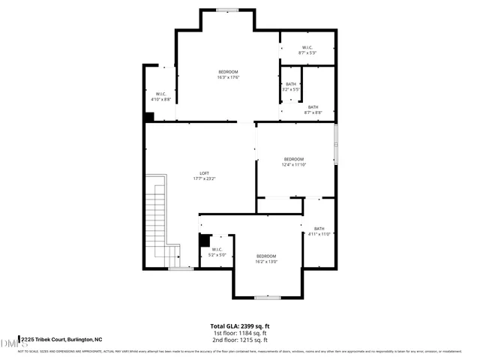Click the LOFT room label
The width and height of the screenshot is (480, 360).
pos(204,173)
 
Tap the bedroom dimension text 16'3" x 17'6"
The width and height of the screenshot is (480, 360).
pos(228,77)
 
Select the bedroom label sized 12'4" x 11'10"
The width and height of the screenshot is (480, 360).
pos(294,159)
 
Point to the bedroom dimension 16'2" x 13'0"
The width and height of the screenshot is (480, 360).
pos(266,262)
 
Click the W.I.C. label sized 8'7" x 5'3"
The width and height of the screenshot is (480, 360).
pos(307,47)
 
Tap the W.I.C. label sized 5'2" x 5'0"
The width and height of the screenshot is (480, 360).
pos(217,249)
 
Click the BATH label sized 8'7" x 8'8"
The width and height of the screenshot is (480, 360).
pos(313,107)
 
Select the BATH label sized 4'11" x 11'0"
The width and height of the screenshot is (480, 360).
pos(319,229)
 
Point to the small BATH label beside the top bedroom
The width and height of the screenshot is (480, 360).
pos(291,84)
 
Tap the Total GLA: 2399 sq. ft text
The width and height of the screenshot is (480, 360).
pos(240,326)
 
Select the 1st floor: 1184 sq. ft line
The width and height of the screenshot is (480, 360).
pos(240,333)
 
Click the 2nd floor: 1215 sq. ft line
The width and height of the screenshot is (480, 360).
pos(240,340)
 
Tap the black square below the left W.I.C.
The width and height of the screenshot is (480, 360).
pos(149,116)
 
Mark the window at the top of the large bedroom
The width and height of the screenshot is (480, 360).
pos(226,10)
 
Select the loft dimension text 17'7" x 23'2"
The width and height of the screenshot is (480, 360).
pos(204,179)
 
